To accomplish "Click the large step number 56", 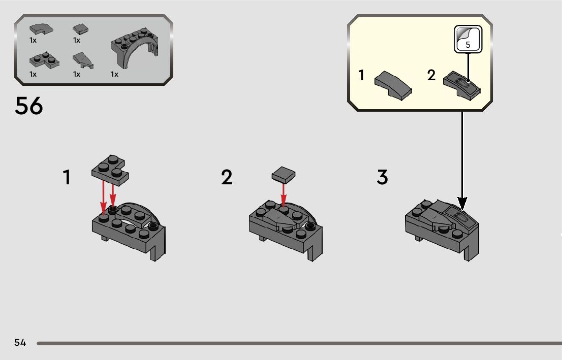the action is click(x=28, y=106).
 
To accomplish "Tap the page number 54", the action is click(x=20, y=342).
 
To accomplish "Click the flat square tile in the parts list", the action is click(x=81, y=29).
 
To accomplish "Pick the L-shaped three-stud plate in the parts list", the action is click(x=44, y=60).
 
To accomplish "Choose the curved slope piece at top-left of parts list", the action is click(x=41, y=29).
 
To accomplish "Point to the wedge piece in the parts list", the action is click(x=83, y=61).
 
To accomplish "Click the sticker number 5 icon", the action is click(x=468, y=40).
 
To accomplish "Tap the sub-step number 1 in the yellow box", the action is click(x=361, y=75).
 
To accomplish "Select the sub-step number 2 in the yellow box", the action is click(x=431, y=75).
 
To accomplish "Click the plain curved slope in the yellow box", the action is click(x=393, y=85).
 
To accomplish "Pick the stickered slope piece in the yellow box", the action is click(x=462, y=86).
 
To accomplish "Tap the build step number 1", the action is click(x=67, y=177).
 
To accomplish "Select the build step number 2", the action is click(x=227, y=177).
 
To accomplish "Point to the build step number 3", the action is click(x=383, y=177).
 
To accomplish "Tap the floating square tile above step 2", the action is click(x=284, y=175).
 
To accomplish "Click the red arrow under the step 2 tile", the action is click(x=284, y=195).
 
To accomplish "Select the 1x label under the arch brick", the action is click(x=114, y=74).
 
